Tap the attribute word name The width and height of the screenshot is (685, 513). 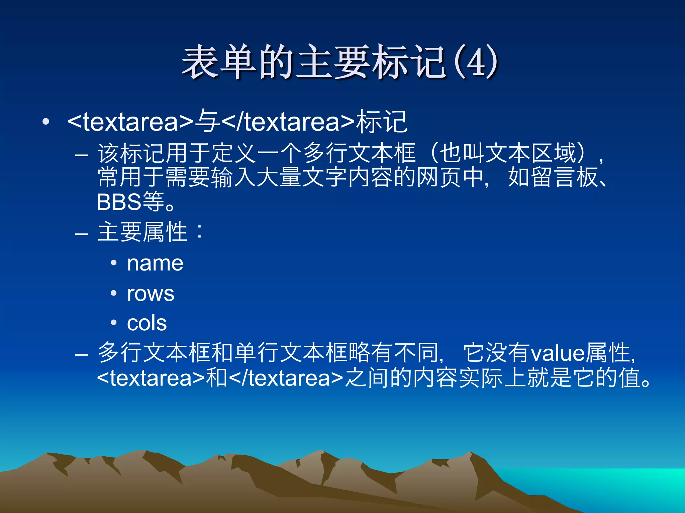pyautogui.click(x=155, y=264)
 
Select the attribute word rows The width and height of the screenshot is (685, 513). pyautogui.click(x=151, y=294)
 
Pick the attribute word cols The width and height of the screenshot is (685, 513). pyautogui.click(x=147, y=323)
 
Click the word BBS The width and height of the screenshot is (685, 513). pyautogui.click(x=119, y=202)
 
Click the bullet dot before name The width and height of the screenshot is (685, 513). pyautogui.click(x=114, y=263)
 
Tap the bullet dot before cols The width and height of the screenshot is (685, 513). pyautogui.click(x=114, y=323)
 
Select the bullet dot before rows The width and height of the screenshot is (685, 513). pyautogui.click(x=114, y=293)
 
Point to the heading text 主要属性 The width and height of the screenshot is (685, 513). pyautogui.click(x=142, y=232)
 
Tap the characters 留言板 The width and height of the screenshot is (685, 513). pyautogui.click(x=553, y=177)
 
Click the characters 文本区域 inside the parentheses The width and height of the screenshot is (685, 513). pyautogui.click(x=530, y=153)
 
